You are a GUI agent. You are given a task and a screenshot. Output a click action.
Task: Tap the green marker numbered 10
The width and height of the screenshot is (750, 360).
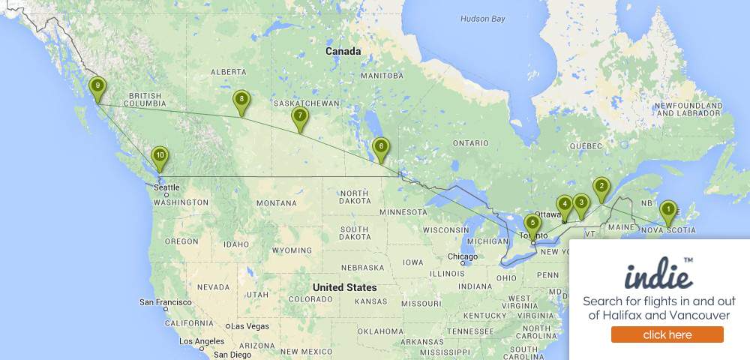[x=159, y=156]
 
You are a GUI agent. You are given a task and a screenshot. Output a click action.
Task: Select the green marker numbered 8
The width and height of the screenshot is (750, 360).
[x=241, y=100]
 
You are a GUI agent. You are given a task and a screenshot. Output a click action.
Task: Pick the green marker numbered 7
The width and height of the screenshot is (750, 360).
[x=300, y=116]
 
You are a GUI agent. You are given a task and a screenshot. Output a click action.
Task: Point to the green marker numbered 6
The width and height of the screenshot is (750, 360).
[x=381, y=147]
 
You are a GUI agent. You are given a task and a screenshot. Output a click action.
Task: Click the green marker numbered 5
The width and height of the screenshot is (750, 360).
[x=532, y=223]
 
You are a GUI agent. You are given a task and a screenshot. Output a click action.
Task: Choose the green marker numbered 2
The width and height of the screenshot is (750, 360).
[x=601, y=187]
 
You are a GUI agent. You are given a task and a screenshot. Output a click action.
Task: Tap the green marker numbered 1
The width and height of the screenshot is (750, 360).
[x=667, y=211]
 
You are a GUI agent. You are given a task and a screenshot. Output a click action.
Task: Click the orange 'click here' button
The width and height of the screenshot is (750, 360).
[x=667, y=334]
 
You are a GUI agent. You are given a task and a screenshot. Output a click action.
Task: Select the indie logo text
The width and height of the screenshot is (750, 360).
[x=658, y=275]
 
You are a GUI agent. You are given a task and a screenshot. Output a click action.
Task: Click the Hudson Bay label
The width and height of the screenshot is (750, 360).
[x=483, y=19]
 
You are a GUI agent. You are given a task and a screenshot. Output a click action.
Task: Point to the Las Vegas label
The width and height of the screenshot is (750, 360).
[x=250, y=326]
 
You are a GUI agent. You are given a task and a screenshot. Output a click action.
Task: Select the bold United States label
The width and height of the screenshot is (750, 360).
[x=344, y=287]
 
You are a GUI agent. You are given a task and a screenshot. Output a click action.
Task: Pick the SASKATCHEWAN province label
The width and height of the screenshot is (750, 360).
[x=306, y=103]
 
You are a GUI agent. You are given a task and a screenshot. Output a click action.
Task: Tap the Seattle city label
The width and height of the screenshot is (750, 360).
[x=166, y=187]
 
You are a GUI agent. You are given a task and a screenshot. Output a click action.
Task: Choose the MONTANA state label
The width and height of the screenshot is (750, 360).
[x=276, y=203]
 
